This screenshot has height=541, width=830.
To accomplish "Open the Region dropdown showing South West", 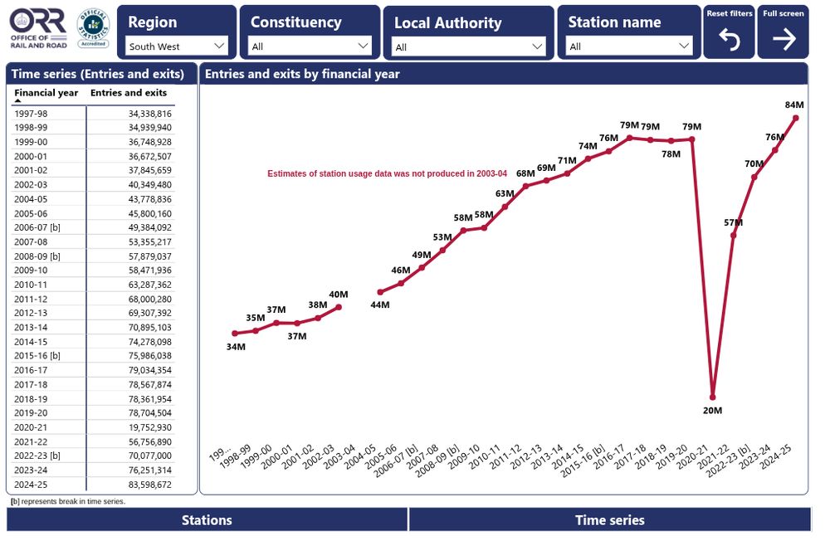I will tap(177, 46).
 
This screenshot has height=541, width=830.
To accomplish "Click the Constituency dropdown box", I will tap(310, 46).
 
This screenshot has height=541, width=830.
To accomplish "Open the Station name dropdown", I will tap(629, 46).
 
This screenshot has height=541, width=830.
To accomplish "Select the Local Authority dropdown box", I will tap(468, 47).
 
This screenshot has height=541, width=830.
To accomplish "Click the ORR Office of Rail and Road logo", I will tap(39, 30).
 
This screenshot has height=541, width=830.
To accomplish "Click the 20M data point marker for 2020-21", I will tap(712, 397).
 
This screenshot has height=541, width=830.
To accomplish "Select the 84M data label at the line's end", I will tap(793, 105).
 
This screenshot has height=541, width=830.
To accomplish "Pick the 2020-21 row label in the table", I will tap(31, 426).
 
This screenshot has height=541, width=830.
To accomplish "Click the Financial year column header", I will tap(46, 93).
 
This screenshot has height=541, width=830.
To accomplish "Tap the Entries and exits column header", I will tap(129, 93).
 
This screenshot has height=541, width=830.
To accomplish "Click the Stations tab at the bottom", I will tap(207, 520).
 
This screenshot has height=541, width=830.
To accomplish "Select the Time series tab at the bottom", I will tap(609, 520).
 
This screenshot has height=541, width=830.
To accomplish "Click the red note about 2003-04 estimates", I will tap(387, 173).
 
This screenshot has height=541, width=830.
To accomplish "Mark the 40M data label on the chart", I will tap(339, 295).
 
